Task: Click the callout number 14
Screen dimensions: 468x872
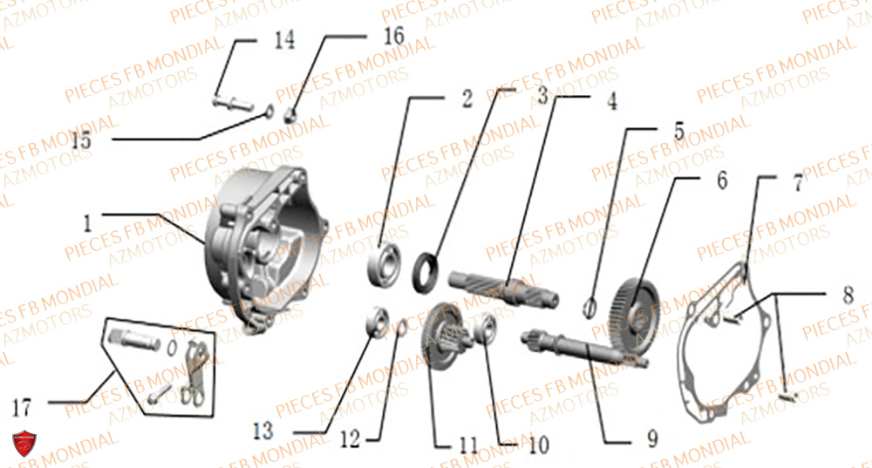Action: (x=284, y=40)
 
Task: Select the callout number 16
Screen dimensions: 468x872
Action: (x=392, y=37)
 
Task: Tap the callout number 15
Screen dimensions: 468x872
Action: (x=81, y=140)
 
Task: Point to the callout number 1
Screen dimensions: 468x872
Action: (x=88, y=223)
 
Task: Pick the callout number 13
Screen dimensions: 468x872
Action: (x=263, y=431)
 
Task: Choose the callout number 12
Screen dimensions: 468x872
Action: (x=350, y=441)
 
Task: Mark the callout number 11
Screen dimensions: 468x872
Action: (x=468, y=445)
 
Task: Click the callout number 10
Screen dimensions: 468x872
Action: (x=538, y=445)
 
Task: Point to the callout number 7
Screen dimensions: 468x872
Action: (x=797, y=184)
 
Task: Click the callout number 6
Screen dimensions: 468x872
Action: (x=721, y=180)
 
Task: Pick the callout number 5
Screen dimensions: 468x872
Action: (x=678, y=132)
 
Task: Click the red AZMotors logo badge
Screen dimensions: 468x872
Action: (x=24, y=445)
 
